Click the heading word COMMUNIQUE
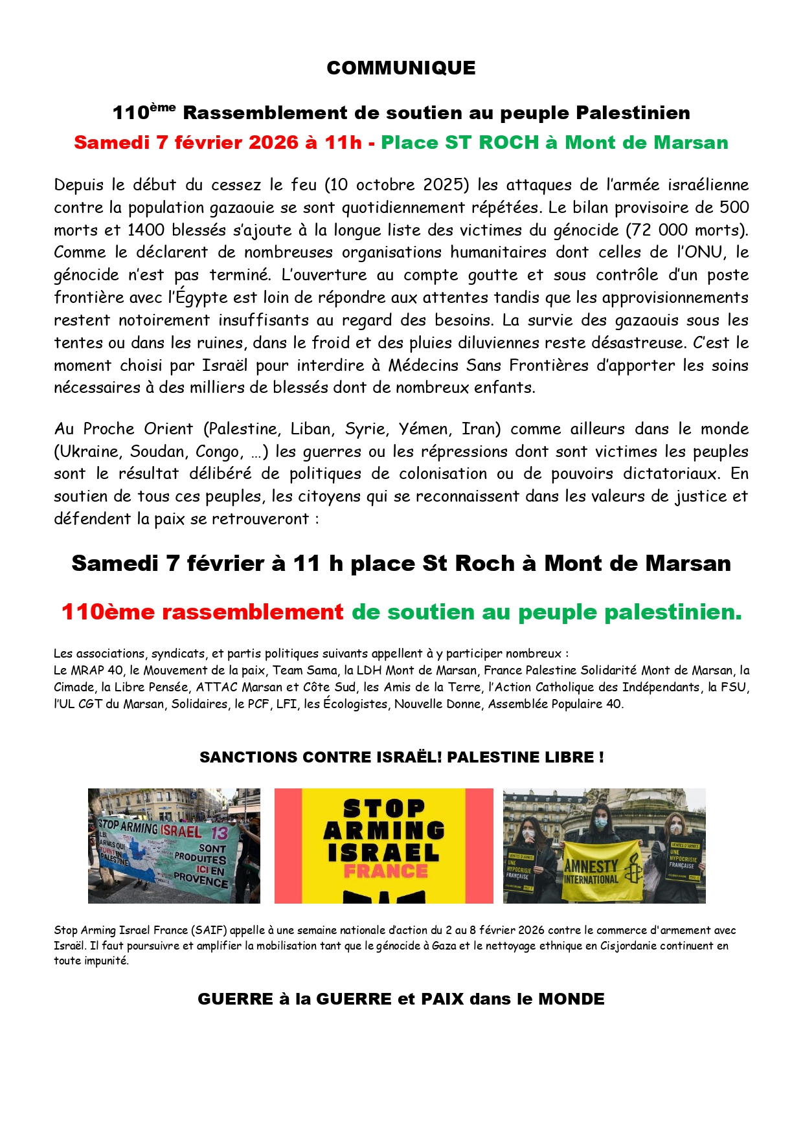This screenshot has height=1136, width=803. click(401, 68)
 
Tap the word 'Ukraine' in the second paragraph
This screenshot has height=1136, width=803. click(89, 451)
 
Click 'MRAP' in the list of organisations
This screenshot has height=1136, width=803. click(88, 671)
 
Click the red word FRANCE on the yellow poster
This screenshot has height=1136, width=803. click(385, 871)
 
